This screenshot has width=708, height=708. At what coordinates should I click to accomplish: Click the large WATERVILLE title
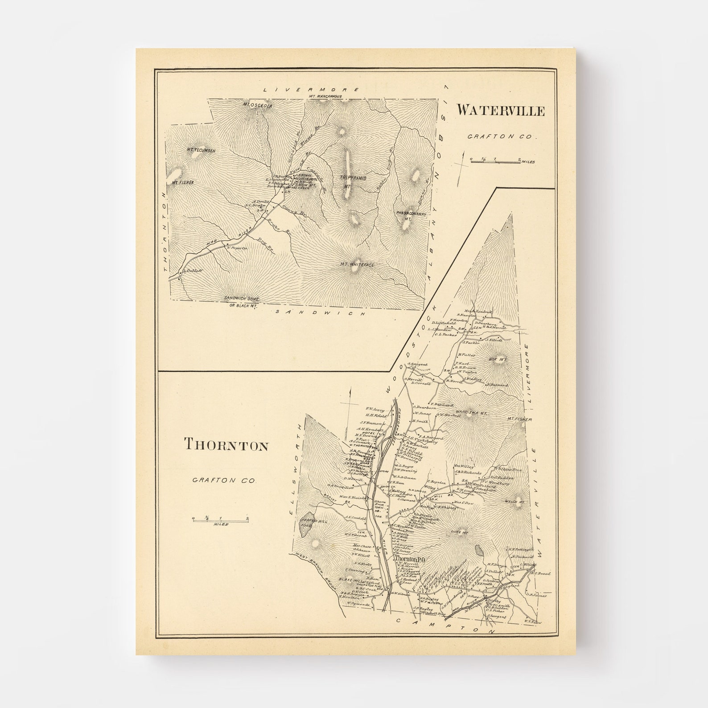pyautogui.click(x=500, y=110)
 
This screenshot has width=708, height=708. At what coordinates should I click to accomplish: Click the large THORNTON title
pyautogui.click(x=226, y=445)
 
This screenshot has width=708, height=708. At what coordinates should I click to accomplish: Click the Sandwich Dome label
pyautogui.click(x=241, y=299)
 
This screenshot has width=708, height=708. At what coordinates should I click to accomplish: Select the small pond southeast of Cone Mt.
pyautogui.click(x=479, y=551)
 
